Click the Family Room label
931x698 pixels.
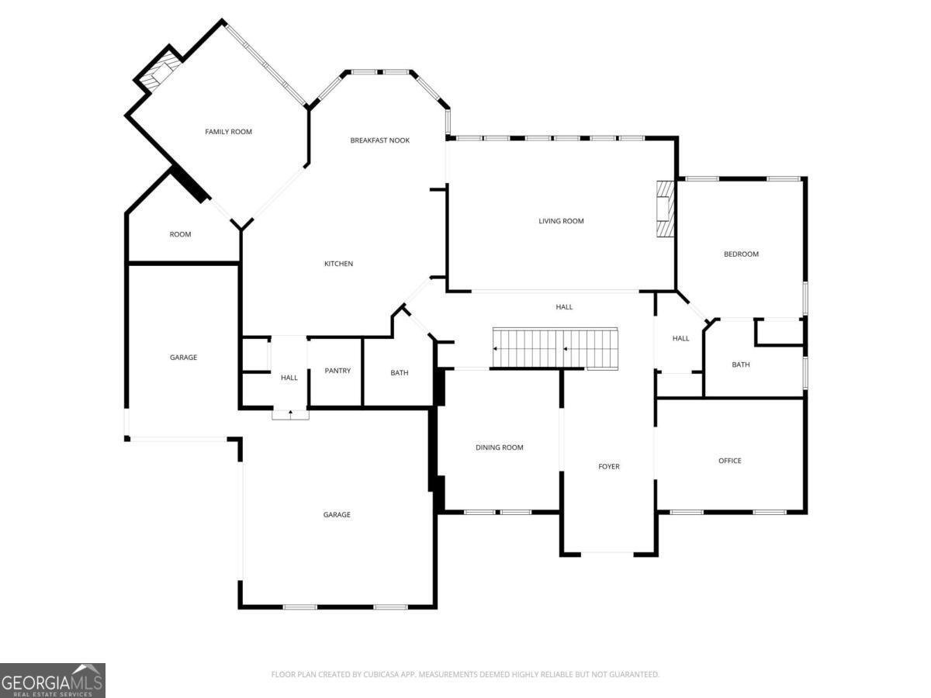[x=228, y=132]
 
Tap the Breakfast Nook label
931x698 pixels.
[x=379, y=140]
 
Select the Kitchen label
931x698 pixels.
[x=338, y=264]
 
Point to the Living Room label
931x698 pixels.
[x=561, y=221]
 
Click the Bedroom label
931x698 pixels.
[x=741, y=254]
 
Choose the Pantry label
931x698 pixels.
[x=337, y=371]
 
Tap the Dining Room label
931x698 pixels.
[x=499, y=447]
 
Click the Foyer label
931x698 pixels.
[x=609, y=466]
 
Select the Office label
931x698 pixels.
[x=729, y=460]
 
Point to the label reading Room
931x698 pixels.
[x=180, y=234]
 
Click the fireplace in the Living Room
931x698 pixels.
[x=665, y=209]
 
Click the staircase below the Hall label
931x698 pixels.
[x=555, y=348]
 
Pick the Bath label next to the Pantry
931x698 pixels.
[x=399, y=372]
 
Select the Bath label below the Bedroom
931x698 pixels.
[x=741, y=364]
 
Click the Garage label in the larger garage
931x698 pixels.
[x=337, y=514]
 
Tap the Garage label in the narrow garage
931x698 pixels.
[x=183, y=358]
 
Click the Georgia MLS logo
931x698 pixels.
[x=53, y=680]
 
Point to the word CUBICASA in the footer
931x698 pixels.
[x=381, y=674]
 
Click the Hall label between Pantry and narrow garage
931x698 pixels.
[x=289, y=377]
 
